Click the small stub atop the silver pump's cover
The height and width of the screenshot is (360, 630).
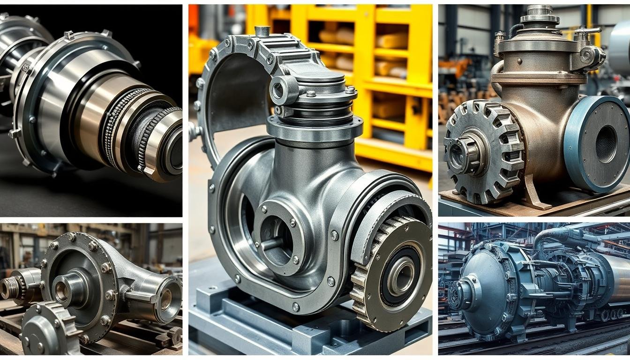262,31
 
